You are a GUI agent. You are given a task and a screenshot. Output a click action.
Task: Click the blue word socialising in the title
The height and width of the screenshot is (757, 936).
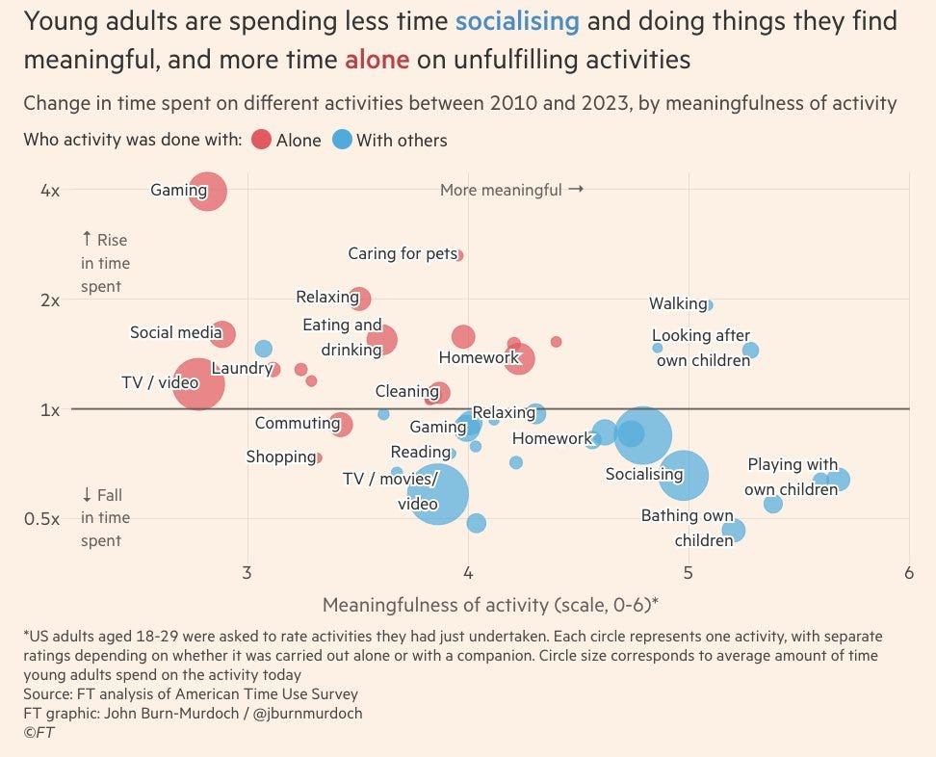coord(517,20)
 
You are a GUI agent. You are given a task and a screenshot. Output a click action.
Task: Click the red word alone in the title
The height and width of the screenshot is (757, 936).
coord(377,60)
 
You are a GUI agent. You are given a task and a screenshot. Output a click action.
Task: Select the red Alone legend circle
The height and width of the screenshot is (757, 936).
coord(261,140)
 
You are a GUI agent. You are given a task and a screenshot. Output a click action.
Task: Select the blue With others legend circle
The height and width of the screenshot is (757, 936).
coord(342,140)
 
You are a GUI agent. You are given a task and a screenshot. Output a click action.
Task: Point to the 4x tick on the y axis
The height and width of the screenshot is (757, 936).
coord(50,191)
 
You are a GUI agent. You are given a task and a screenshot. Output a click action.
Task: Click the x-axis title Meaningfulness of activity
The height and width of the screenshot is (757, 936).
coord(490,605)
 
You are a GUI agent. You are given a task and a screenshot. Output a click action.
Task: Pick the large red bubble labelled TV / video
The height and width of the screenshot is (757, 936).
coord(197,384)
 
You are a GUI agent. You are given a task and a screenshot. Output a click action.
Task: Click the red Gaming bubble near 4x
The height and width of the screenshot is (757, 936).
coord(208,191)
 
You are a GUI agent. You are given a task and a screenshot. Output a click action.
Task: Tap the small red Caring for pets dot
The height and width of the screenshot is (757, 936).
coord(459,255)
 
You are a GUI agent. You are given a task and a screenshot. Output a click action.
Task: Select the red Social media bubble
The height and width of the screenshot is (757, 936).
coord(222,334)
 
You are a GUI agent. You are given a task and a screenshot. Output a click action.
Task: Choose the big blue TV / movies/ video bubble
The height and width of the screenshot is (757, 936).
coord(439,494)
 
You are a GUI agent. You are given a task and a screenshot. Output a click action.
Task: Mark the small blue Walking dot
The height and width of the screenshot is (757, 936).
coord(709,304)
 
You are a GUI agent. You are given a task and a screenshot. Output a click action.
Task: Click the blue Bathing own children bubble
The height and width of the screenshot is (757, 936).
coord(734,530)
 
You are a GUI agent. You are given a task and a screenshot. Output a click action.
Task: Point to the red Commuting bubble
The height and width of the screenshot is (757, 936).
coord(340,424)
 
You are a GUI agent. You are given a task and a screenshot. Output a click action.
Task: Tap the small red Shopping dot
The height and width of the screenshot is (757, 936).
coord(318,457)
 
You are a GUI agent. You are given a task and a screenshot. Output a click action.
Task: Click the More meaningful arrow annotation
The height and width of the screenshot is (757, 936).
coord(511,190)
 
